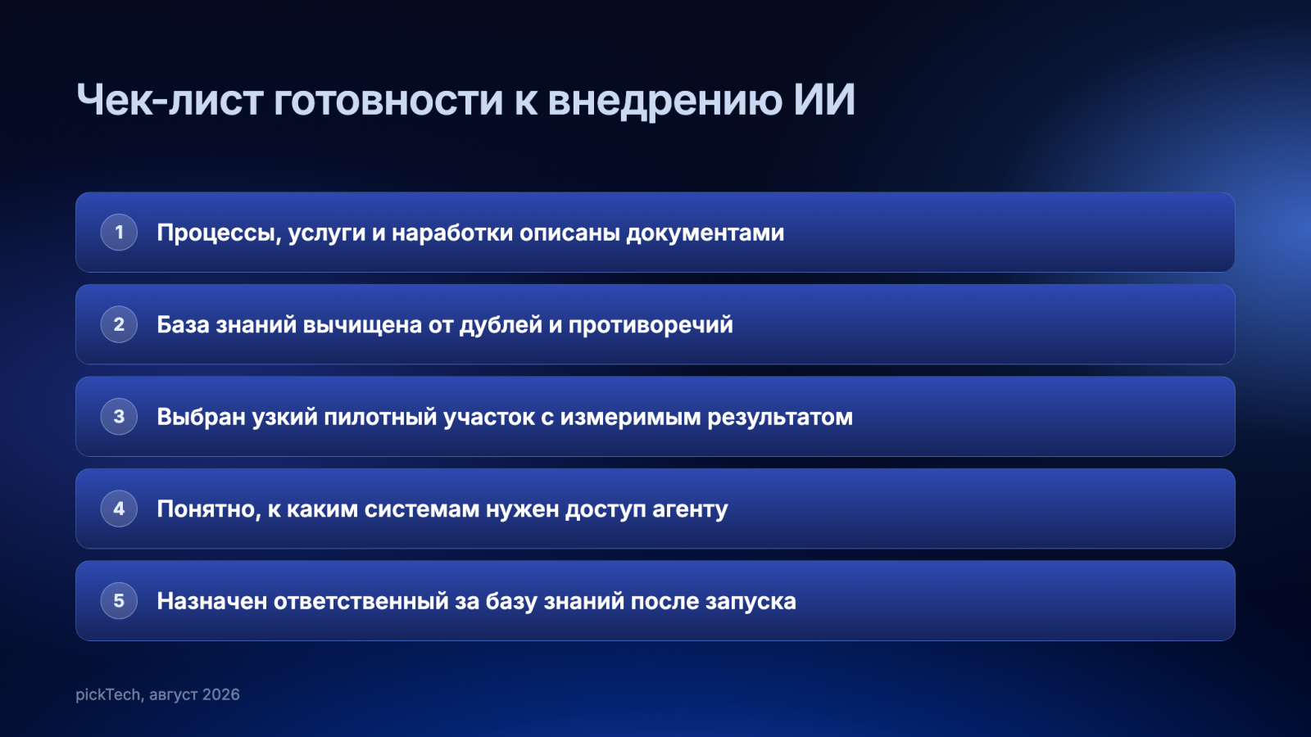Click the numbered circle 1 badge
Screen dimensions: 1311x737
click(119, 233)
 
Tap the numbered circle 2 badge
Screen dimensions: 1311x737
click(119, 324)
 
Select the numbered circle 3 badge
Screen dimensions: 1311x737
click(119, 417)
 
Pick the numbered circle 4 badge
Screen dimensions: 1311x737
click(119, 509)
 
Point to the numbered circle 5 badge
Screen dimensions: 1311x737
click(119, 601)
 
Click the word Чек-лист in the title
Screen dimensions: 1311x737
click(170, 100)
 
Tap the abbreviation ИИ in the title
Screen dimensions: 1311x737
click(824, 100)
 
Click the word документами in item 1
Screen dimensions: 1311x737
click(705, 233)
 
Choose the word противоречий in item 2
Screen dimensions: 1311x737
click(651, 325)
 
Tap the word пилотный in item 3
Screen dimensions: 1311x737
click(380, 417)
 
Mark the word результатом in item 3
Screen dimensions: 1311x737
click(780, 418)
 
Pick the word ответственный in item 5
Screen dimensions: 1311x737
click(361, 601)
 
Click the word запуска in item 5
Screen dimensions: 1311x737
click(751, 602)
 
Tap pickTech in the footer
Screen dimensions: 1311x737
click(107, 694)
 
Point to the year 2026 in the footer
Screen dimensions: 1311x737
click(221, 694)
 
